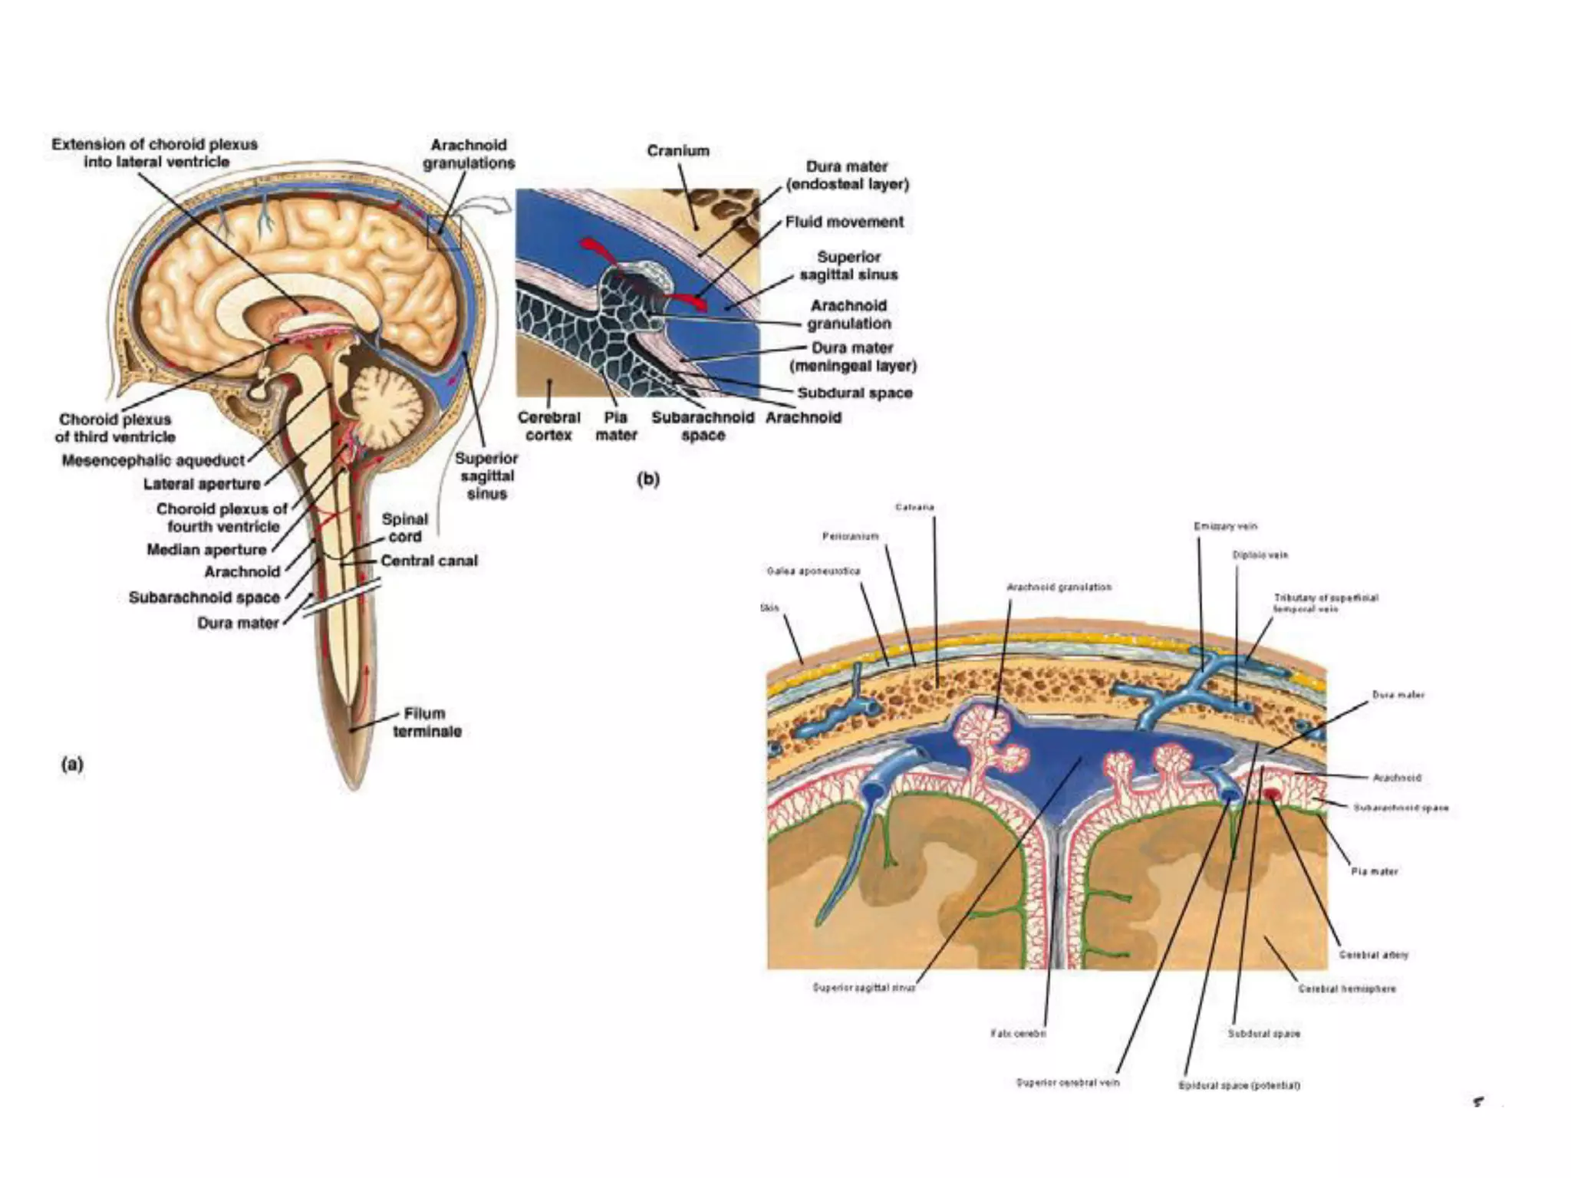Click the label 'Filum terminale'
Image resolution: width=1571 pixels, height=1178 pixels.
point(427,722)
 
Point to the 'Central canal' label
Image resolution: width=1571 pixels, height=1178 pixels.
point(429,561)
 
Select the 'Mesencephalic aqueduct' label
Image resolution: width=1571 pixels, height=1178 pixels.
point(153,460)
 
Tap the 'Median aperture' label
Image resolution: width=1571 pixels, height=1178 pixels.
point(206,549)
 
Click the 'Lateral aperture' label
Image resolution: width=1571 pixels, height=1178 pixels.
point(202,484)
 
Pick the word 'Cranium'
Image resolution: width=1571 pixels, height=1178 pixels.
point(677,151)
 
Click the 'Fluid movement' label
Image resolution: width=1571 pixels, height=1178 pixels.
point(844,222)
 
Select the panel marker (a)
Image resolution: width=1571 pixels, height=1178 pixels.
point(71,764)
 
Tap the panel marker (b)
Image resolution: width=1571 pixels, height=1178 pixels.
point(648,479)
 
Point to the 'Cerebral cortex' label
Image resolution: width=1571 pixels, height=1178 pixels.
point(548,426)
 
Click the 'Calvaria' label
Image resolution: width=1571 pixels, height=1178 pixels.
point(914,507)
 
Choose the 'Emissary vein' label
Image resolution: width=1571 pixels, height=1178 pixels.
point(1225,526)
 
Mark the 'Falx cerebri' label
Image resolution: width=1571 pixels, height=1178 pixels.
point(1018,1033)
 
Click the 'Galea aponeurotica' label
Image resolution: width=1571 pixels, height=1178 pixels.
point(813,571)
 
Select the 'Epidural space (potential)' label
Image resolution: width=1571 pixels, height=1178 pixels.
point(1239,1085)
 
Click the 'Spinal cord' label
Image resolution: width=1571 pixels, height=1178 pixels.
point(404,527)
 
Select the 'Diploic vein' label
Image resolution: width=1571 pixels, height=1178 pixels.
point(1260,554)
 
